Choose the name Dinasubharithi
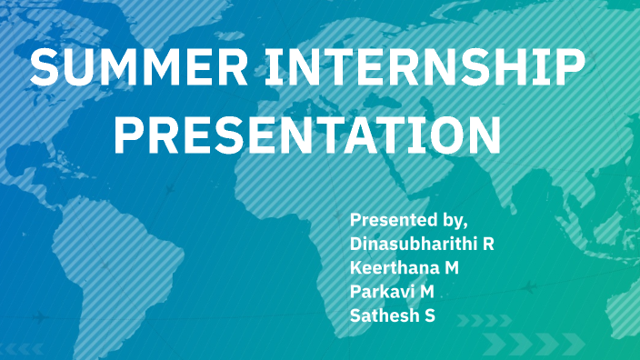[x=413, y=244]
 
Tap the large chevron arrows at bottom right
[x=531, y=343]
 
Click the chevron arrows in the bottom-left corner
[x=24, y=348]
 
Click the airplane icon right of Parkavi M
[x=528, y=287]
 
